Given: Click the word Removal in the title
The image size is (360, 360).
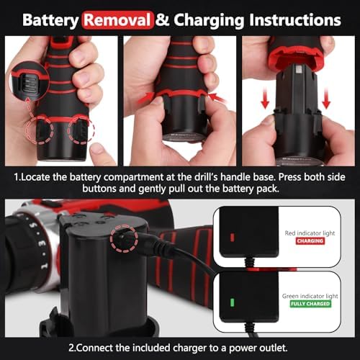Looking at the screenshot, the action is click(x=117, y=20).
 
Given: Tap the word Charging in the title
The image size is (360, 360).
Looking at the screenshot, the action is click(x=209, y=21).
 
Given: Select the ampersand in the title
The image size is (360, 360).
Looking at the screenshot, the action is click(x=163, y=20).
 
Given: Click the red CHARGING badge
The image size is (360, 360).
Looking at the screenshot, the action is click(x=310, y=241).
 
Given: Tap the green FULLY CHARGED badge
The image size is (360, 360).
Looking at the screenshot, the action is click(x=310, y=304).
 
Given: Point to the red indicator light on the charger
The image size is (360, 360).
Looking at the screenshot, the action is click(x=232, y=237).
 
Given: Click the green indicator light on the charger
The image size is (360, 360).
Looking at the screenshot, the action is click(x=232, y=302).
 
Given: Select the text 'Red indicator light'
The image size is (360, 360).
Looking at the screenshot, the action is click(x=310, y=233).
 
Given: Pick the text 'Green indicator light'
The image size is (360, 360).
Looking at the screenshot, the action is click(x=310, y=296).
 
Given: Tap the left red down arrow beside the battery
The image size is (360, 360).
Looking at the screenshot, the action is click(x=265, y=98).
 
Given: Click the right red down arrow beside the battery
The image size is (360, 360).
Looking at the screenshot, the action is click(x=326, y=98).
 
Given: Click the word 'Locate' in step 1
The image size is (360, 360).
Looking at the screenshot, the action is click(x=35, y=177).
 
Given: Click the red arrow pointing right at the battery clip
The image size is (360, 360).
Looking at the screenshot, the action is click(x=145, y=98).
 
